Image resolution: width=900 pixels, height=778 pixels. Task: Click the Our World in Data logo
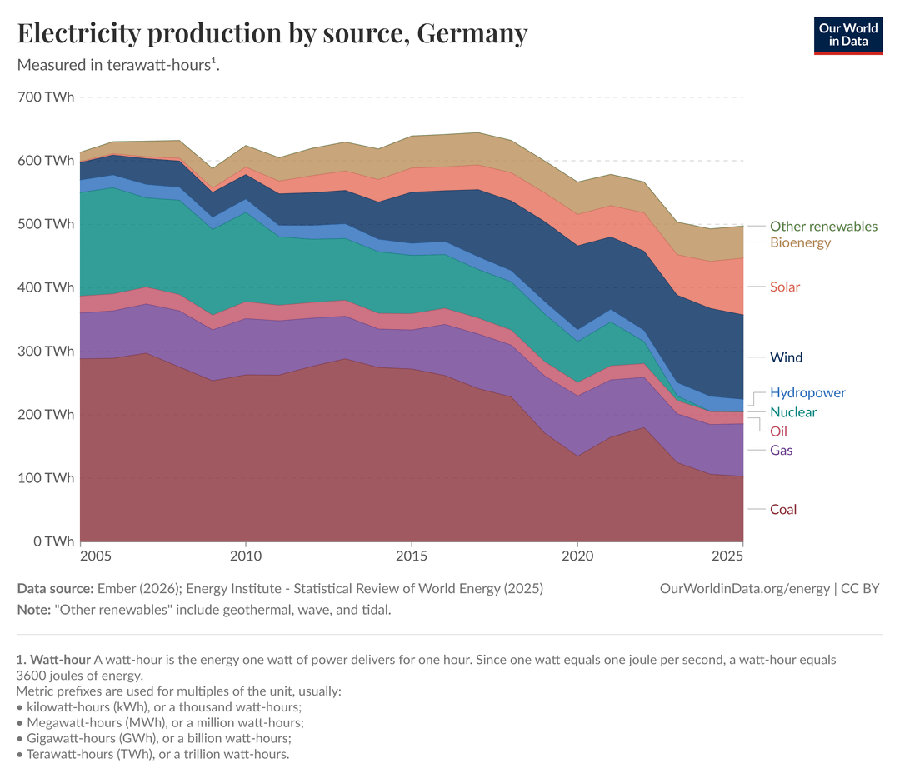[847, 34]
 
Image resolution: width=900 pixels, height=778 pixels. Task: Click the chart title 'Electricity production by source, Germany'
[272, 33]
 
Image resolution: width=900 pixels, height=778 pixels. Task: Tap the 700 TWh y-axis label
[46, 97]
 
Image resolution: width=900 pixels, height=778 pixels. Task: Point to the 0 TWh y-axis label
[52, 541]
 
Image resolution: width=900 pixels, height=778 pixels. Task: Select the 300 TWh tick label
[46, 351]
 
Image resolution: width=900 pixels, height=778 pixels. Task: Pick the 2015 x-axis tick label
[411, 556]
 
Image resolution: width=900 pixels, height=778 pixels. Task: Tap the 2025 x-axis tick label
[727, 556]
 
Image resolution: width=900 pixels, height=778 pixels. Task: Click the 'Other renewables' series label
[823, 226]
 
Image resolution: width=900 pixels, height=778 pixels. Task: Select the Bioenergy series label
[800, 242]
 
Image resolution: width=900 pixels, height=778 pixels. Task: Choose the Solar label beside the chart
[785, 287]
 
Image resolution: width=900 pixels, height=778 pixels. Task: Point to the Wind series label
[786, 357]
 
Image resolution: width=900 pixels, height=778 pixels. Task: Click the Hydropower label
[807, 392]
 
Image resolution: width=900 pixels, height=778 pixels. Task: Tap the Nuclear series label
[793, 412]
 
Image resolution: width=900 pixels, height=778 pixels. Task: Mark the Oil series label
[778, 431]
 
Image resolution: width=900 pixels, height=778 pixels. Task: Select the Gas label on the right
[781, 451]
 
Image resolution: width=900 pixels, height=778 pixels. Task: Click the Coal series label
[783, 509]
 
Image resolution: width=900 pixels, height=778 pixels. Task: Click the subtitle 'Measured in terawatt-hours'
[117, 64]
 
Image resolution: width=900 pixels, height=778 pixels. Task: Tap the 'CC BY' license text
[860, 588]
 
